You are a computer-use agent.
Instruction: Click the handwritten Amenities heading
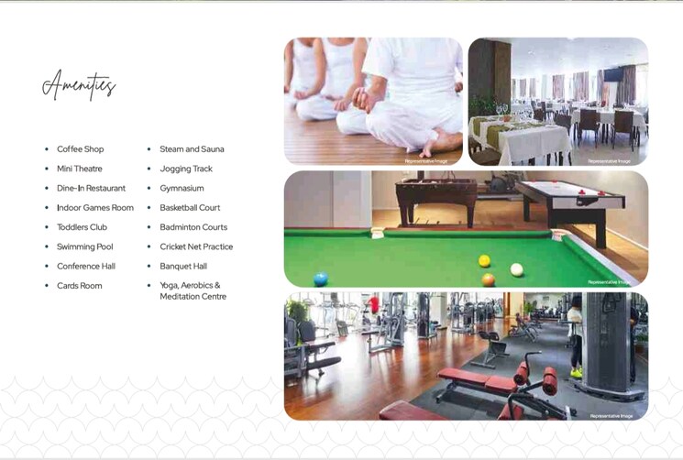79,86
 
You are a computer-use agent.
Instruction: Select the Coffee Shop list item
81,149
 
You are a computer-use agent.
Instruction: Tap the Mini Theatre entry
80,169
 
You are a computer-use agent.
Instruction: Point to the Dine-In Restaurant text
91,188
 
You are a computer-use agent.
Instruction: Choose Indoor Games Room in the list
95,208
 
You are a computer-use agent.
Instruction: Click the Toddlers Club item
82,227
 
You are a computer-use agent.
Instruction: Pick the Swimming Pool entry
85,246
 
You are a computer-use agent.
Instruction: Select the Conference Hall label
86,267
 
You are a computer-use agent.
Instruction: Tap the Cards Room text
80,286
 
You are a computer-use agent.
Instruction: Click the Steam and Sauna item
192,149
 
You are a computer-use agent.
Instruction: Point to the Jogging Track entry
186,169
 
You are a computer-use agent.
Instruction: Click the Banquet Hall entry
183,267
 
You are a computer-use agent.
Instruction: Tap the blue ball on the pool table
320,279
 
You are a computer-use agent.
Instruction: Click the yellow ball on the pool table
484,261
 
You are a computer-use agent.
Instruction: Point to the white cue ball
517,269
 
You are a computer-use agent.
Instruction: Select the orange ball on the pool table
488,279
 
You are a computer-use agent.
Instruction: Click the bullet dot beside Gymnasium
149,189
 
